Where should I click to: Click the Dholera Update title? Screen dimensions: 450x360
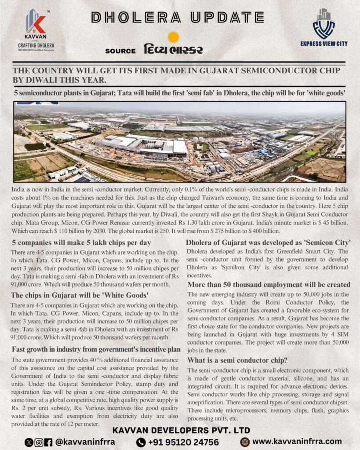177,17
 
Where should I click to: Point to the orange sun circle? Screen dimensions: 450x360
174,37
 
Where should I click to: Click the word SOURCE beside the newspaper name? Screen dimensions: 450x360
120,51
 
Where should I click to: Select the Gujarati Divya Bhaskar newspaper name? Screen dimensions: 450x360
173,49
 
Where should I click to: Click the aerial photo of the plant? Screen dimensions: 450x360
180,142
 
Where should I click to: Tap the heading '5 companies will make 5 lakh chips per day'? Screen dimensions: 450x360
81,243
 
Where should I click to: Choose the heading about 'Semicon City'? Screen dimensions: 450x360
268,243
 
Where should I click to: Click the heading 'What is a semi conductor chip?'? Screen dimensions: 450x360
238,360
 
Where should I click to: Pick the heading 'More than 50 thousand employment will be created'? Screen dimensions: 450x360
268,285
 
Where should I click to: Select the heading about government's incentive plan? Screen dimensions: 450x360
96,349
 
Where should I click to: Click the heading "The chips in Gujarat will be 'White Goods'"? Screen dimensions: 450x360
80,295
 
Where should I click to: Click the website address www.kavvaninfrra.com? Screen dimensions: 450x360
297,441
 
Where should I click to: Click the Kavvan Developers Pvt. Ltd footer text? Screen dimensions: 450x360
181,430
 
